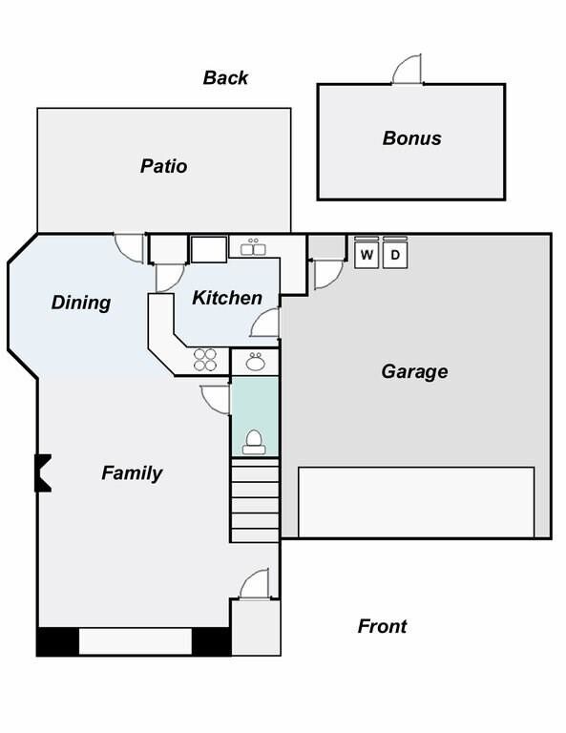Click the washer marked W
pos(367,253)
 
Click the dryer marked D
pos(395,253)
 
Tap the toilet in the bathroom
pos(254,442)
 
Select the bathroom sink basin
pos(255,362)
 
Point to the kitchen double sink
pos(253,248)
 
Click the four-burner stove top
pos(205,360)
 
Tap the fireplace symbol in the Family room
pos(43,473)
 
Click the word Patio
pos(163,166)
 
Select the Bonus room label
pos(411,138)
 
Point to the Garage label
pos(414,372)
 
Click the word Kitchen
pos(227,298)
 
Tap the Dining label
pos(81,303)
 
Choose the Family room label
pos(132,473)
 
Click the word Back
pos(225,77)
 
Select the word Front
pos(382,626)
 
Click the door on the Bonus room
pos(408,69)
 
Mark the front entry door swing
pos(254,584)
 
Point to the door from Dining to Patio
pos(130,248)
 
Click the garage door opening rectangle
pos(416,502)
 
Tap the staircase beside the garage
pos(255,500)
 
